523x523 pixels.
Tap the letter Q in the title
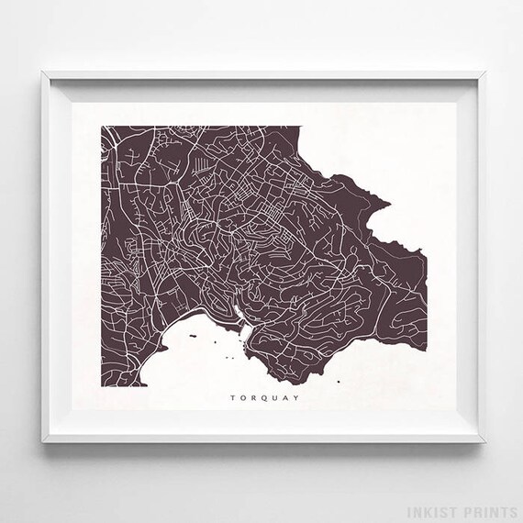253,398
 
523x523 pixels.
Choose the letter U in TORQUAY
264,398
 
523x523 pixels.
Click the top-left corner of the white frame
43,72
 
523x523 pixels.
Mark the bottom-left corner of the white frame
43,442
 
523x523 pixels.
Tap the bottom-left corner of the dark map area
98,384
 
